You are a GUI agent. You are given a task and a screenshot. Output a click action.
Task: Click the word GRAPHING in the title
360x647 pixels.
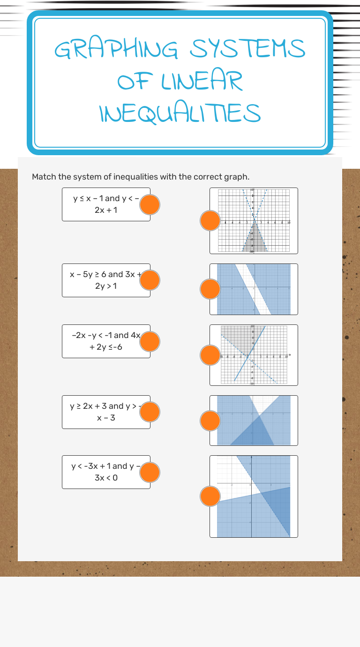(x=116, y=49)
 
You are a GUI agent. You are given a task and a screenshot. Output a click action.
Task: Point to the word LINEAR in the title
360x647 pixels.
(x=202, y=81)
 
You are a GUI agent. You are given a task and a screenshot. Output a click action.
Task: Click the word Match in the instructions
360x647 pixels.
(x=44, y=177)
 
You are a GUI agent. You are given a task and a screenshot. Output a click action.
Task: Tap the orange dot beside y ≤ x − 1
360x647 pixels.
(x=150, y=205)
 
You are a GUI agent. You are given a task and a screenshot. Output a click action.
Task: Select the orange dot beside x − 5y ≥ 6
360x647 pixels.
(x=150, y=280)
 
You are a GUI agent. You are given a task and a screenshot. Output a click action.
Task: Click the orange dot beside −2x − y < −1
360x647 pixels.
(x=150, y=342)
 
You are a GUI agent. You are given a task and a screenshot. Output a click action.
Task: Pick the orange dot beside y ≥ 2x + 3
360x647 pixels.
(x=150, y=412)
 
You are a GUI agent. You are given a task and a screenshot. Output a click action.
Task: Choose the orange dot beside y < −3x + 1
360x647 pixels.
(x=150, y=472)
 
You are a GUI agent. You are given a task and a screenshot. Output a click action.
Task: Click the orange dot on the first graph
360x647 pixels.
(x=210, y=221)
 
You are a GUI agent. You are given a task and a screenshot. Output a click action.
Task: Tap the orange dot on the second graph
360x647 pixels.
(x=210, y=289)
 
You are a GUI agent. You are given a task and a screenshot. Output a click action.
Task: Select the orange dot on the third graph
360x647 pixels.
(x=210, y=355)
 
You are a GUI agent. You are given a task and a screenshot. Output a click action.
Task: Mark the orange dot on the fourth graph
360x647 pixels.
(x=210, y=421)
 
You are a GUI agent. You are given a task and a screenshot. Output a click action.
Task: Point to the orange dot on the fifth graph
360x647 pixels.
(x=210, y=497)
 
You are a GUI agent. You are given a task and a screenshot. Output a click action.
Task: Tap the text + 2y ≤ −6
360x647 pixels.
(x=106, y=347)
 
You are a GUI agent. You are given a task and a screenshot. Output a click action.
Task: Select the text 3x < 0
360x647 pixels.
(x=106, y=478)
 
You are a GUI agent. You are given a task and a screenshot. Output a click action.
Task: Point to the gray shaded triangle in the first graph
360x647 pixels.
(x=254, y=239)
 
